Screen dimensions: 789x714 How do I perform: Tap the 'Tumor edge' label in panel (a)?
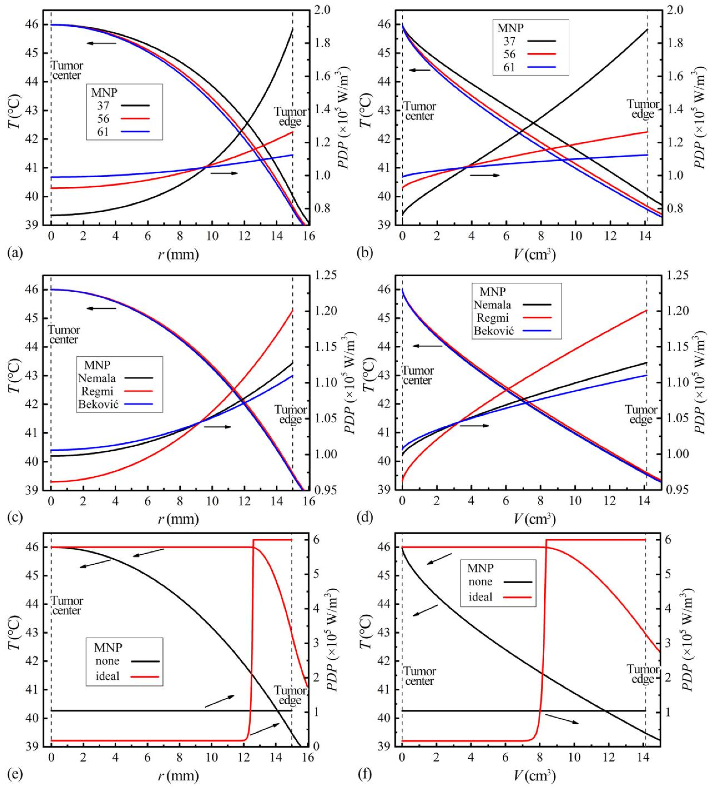290,116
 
